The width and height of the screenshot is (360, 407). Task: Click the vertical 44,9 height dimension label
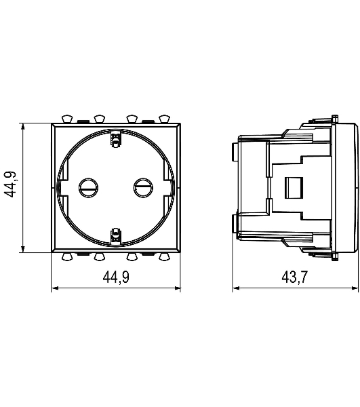pos(11,185)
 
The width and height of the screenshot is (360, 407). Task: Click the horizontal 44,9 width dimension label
pos(116,277)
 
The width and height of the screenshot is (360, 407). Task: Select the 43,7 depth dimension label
pos(295,277)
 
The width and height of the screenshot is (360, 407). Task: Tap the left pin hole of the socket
pos(89,187)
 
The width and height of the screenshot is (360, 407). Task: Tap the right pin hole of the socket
pos(143,187)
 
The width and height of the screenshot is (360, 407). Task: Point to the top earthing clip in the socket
pos(115,140)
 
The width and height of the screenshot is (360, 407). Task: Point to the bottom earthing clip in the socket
pos(115,235)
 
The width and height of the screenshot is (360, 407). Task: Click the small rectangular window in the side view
pos(294,188)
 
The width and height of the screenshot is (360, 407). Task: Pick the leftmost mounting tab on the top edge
pos(67,119)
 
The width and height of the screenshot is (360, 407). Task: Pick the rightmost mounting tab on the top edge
pos(165,119)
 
